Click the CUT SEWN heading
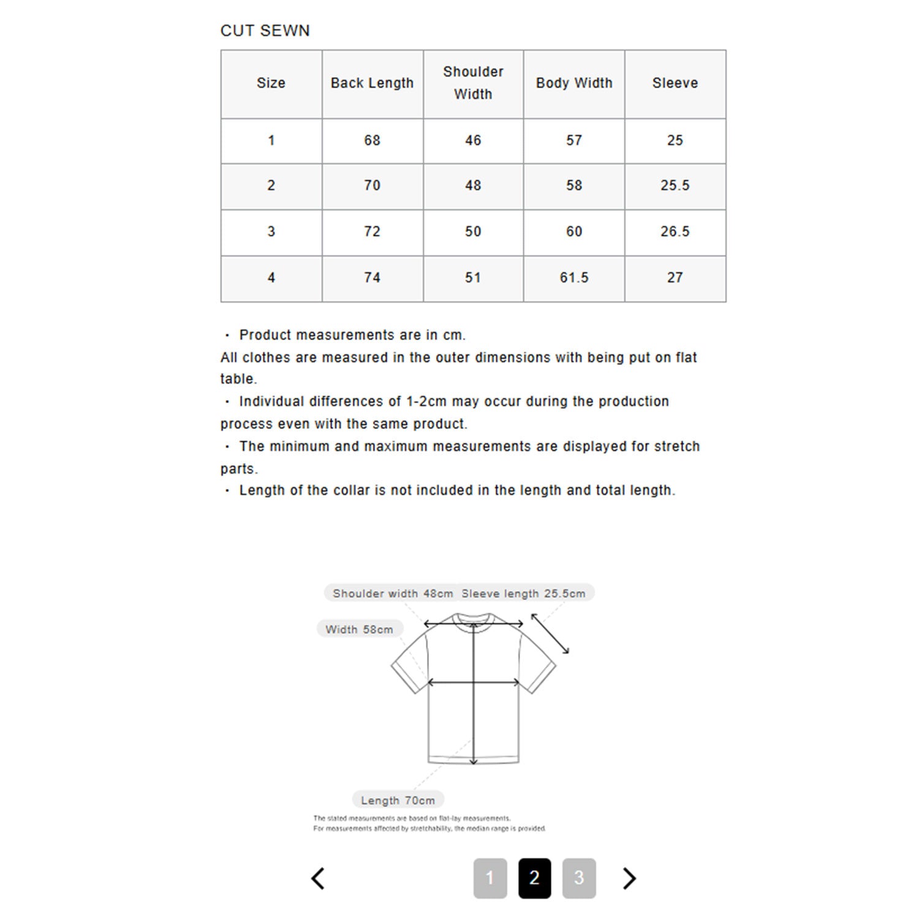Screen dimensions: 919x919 click(265, 31)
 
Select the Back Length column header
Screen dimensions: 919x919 click(372, 83)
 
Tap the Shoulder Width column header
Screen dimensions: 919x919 click(473, 83)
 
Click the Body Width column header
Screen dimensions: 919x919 click(574, 83)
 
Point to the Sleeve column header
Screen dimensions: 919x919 click(675, 83)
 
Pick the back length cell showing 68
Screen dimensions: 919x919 click(372, 140)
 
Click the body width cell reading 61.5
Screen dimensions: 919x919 click(574, 278)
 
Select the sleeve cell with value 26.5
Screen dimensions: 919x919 click(675, 232)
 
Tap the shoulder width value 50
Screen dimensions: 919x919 click(473, 232)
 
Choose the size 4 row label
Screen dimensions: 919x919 click(271, 278)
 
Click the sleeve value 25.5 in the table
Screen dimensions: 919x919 click(675, 185)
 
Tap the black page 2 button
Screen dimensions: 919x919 click(534, 878)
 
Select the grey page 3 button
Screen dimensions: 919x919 click(579, 878)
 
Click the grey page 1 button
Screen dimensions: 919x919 click(490, 878)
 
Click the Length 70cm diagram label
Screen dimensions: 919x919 click(398, 800)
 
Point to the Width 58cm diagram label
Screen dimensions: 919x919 click(359, 629)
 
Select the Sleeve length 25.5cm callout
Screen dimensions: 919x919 click(523, 593)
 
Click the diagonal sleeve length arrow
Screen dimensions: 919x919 click(550, 633)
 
